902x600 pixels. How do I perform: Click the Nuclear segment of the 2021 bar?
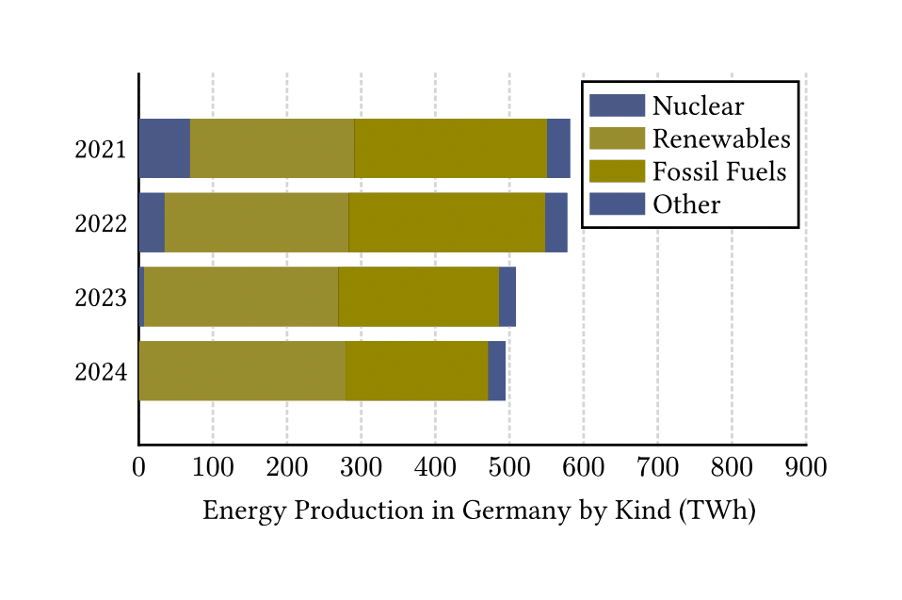pyautogui.click(x=164, y=148)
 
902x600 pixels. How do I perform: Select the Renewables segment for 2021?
pyautogui.click(x=272, y=148)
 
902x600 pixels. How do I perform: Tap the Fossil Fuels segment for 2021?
pyautogui.click(x=450, y=148)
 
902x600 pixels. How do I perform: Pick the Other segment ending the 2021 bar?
pyautogui.click(x=558, y=148)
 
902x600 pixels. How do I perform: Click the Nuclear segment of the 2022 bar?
pyautogui.click(x=152, y=222)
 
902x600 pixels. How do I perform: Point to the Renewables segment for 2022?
pyautogui.click(x=256, y=222)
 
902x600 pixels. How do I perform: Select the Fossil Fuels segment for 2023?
pyautogui.click(x=418, y=297)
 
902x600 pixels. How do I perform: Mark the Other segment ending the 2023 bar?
pyautogui.click(x=507, y=297)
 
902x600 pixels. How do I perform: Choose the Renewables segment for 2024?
pyautogui.click(x=242, y=371)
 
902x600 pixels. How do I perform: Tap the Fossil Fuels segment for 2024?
pyautogui.click(x=416, y=371)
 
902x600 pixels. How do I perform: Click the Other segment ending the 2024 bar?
pyautogui.click(x=496, y=371)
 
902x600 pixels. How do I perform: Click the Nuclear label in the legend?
pyautogui.click(x=698, y=106)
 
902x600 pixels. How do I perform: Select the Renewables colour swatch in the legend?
pyautogui.click(x=617, y=138)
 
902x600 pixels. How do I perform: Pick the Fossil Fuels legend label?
pyautogui.click(x=719, y=171)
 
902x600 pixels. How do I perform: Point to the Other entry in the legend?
pyautogui.click(x=686, y=204)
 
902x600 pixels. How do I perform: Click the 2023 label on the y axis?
pyautogui.click(x=101, y=298)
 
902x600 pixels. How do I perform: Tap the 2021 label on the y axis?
pyautogui.click(x=101, y=149)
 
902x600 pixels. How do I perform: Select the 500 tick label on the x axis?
pyautogui.click(x=509, y=467)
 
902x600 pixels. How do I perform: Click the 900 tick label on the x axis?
pyautogui.click(x=806, y=467)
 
